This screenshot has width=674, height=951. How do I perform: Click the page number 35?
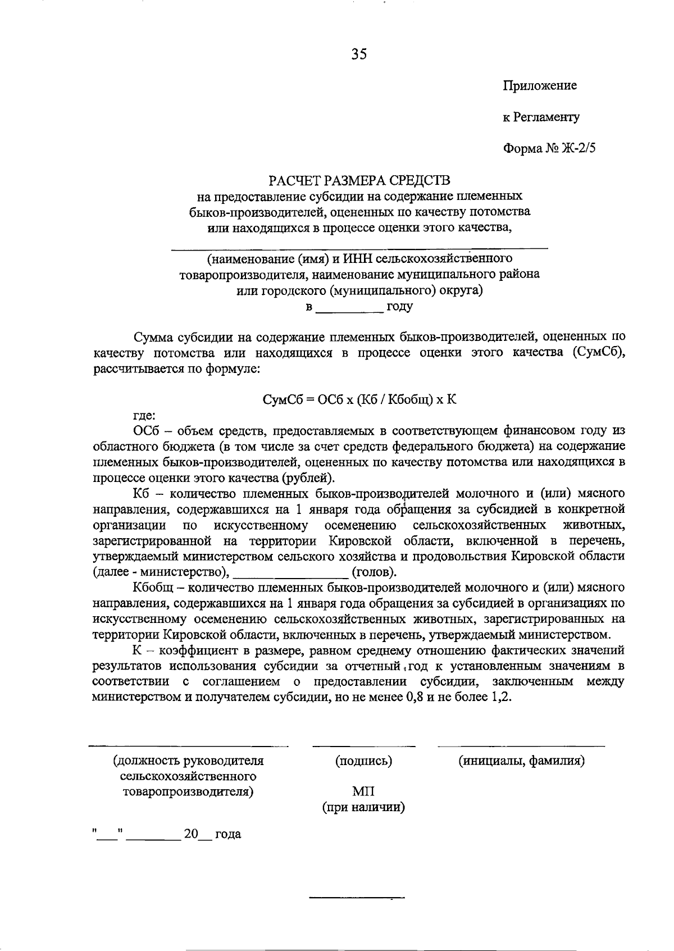click(359, 54)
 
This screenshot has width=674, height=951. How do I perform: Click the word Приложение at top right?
click(539, 86)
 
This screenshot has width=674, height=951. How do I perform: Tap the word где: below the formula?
click(144, 416)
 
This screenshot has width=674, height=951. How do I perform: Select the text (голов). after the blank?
click(374, 572)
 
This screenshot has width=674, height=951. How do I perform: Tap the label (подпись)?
click(363, 761)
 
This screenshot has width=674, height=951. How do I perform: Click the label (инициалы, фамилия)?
click(521, 761)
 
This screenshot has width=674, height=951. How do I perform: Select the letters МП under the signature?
click(363, 792)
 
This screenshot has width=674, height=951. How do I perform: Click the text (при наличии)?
click(363, 808)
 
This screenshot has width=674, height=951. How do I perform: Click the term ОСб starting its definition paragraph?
click(144, 431)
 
